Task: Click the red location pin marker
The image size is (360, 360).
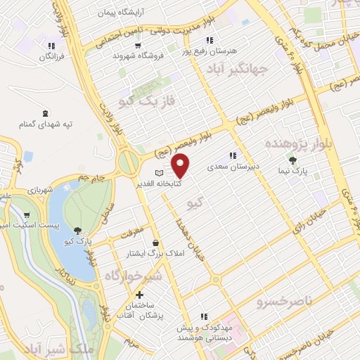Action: click(181, 167)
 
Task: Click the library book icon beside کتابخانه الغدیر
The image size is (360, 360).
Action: click(159, 172)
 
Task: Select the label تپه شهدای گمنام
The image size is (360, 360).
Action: click(46, 124)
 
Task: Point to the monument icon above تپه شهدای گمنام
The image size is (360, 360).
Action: click(46, 112)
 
